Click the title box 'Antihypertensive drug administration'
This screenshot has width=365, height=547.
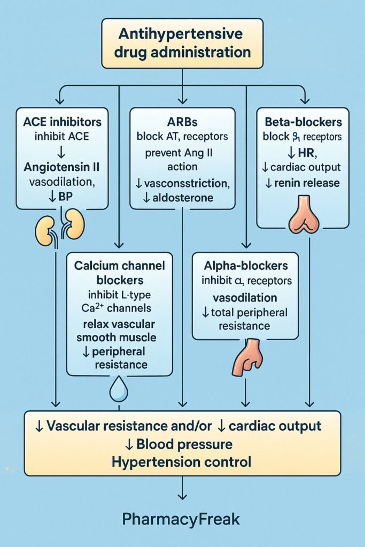pyautogui.click(x=182, y=43)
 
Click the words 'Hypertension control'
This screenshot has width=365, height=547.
pyautogui.click(x=182, y=462)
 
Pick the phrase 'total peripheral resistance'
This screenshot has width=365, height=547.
pyautogui.click(x=245, y=318)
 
